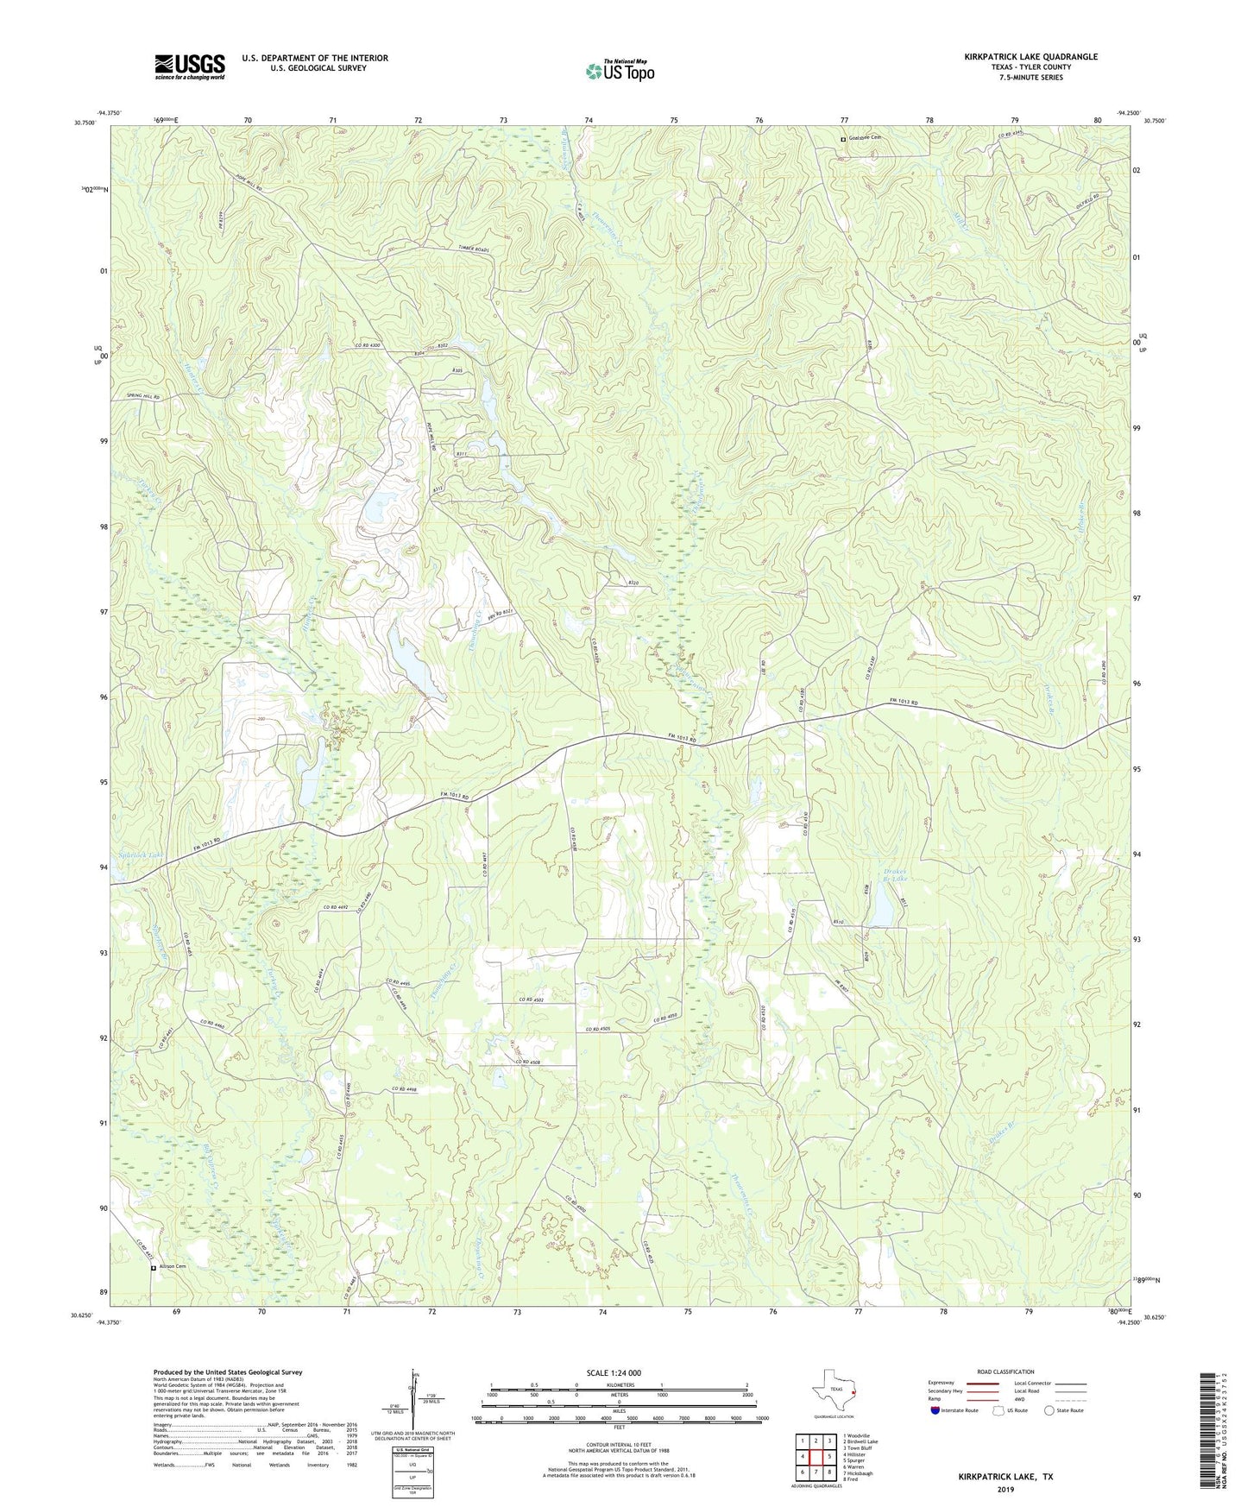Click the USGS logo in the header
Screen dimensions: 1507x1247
(190, 66)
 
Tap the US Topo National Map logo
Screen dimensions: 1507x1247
(620, 71)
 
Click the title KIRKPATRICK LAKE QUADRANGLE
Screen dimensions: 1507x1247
(1030, 57)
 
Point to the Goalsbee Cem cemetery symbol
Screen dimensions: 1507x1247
(843, 139)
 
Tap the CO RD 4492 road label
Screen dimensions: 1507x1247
(339, 907)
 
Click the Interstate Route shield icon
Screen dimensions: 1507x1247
(936, 1410)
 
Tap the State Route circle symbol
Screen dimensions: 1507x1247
(1049, 1410)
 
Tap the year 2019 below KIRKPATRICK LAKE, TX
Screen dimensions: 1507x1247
(1005, 1490)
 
